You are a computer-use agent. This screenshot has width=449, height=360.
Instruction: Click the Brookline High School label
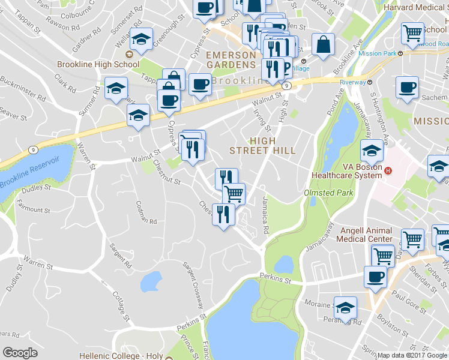98,64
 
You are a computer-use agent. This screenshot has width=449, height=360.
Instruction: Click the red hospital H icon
388,170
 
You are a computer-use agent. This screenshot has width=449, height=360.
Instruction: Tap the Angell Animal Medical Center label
366,235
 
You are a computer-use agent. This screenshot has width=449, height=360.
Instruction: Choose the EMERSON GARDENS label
231,59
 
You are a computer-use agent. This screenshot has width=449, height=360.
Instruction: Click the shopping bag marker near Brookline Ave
324,44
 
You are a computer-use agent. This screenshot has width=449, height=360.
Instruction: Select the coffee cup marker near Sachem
406,88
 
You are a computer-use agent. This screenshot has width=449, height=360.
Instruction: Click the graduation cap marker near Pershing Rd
345,307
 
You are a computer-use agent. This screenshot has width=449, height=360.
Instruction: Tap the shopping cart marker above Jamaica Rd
234,194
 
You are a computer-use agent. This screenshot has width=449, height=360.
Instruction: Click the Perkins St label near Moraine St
276,278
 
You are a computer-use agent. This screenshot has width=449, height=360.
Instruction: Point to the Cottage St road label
121,306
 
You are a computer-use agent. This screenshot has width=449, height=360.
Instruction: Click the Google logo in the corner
20,353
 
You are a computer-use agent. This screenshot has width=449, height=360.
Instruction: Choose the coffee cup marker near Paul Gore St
375,277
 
